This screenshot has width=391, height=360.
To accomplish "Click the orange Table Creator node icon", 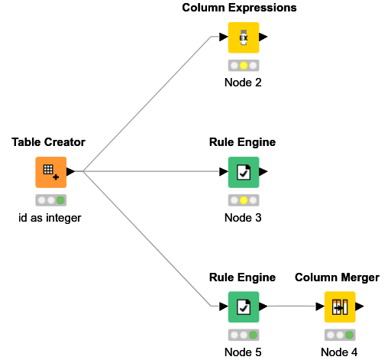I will click(x=50, y=172).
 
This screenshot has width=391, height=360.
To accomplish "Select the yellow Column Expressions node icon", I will click(x=243, y=37).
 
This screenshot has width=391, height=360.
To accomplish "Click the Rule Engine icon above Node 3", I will click(x=243, y=172).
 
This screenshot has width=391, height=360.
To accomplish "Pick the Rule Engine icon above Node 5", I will click(x=243, y=306).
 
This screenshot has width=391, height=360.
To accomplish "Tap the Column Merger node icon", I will click(x=339, y=306).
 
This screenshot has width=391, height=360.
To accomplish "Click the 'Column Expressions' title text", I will click(x=239, y=8).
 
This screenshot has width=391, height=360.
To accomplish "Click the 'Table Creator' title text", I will click(x=48, y=143).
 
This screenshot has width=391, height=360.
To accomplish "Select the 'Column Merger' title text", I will click(x=337, y=277).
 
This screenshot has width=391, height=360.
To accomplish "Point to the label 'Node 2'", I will click(x=243, y=83).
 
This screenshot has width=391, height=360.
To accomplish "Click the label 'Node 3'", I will click(x=243, y=218).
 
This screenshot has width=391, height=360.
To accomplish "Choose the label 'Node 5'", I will click(x=243, y=352).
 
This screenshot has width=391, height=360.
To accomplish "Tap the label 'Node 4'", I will click(x=339, y=352).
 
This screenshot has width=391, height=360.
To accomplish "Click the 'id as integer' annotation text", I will click(x=50, y=218).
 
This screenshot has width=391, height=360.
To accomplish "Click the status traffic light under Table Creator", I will click(x=50, y=200).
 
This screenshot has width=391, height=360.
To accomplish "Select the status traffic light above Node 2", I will click(x=243, y=66).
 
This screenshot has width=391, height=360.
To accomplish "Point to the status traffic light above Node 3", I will click(x=243, y=200).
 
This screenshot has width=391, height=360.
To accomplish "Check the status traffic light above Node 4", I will click(x=339, y=335).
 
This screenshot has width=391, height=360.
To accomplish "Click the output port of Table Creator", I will click(x=71, y=172).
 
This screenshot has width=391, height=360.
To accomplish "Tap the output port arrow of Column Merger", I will click(x=360, y=306).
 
